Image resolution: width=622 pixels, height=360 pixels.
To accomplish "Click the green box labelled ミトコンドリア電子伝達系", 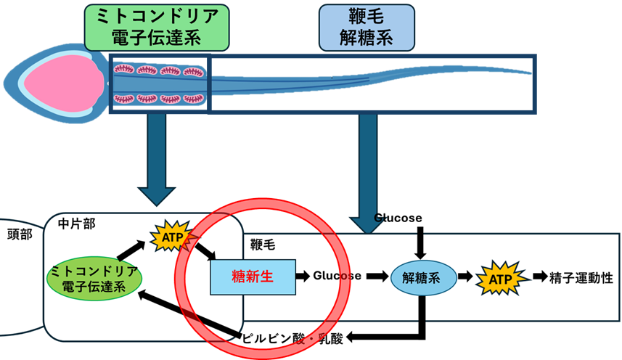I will tap(157, 26).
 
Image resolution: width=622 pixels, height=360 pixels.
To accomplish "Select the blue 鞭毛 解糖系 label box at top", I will tap(366, 26).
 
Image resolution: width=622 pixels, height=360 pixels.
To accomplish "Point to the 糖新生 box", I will tap(252, 277).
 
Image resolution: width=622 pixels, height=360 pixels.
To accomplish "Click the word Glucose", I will tap(337, 276).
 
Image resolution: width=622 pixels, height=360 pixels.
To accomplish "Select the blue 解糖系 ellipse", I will tap(423, 277).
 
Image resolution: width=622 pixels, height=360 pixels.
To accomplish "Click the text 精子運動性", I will tap(578, 277).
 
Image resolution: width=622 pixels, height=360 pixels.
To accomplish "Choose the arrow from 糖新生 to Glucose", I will tap(303, 277).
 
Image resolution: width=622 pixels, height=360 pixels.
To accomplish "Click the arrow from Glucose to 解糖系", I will tap(375, 277).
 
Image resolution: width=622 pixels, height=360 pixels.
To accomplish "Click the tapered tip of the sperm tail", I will tap(527, 73).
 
